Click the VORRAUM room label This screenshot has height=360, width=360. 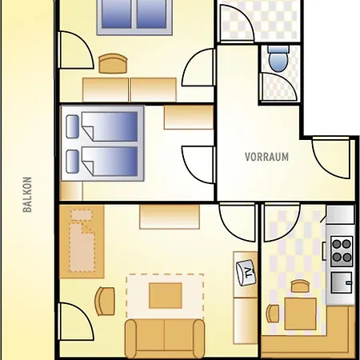tap(266, 157)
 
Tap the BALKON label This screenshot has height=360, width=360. tap(27, 194)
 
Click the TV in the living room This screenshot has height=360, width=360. tap(246, 273)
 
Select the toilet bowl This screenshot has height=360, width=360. tap(278, 59)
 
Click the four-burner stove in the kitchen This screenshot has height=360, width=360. tap(342, 251)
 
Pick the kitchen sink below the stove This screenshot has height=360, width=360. tap(342, 282)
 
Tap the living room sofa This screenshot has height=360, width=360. tap(165, 338)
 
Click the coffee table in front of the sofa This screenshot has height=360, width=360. tap(166, 296)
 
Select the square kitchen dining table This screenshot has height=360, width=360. tap(300, 314)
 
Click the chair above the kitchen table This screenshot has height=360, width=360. tap(300, 286)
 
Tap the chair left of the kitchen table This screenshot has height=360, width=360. tap(273, 314)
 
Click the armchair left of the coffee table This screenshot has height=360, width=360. tap(105, 301)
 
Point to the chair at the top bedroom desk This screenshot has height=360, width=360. tap(113, 63)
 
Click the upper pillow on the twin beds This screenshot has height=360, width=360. tap(73, 126)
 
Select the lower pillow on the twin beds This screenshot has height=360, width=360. tap(73, 161)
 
